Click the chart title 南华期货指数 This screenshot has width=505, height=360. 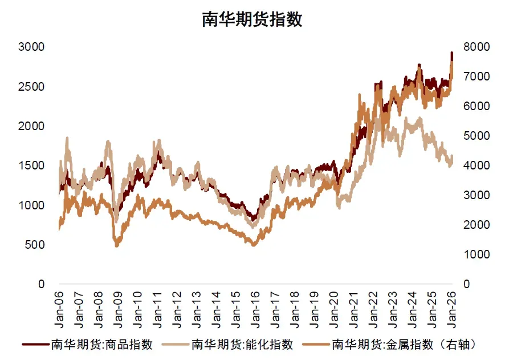(252, 19)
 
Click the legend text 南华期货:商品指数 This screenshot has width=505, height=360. (101, 345)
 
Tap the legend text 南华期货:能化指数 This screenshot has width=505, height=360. (242, 345)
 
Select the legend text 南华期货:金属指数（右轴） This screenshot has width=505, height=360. (403, 345)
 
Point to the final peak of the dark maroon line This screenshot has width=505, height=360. (451, 53)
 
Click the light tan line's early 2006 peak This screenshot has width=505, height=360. (67, 138)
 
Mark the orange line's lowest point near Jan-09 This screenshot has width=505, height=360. (117, 245)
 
